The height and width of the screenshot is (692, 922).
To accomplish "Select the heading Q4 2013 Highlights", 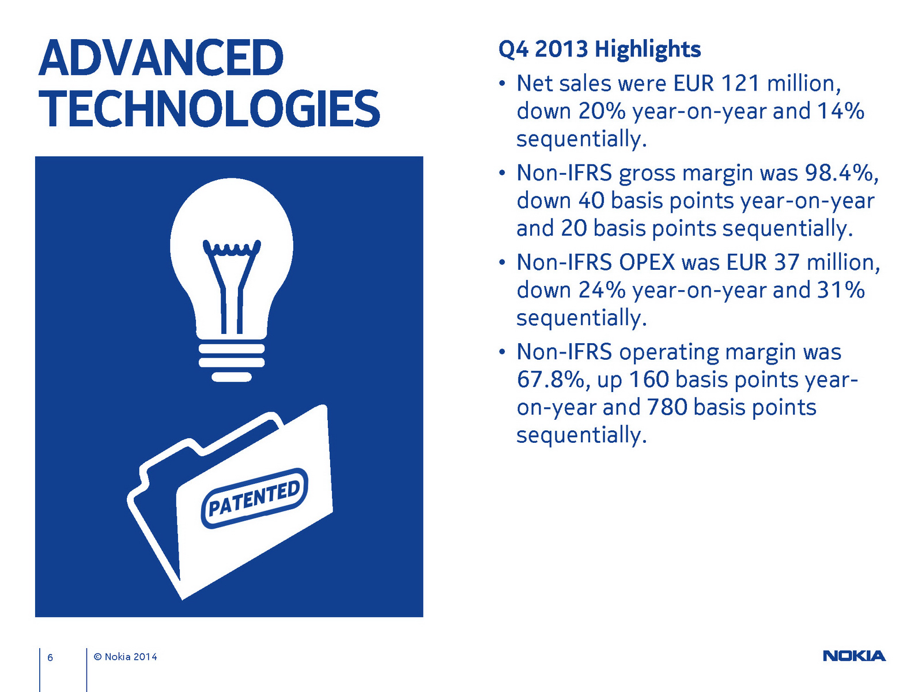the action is (x=599, y=50).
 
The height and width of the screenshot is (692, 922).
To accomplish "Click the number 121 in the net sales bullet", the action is (x=740, y=83).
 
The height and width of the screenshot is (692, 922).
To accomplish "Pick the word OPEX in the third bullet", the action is (x=647, y=262).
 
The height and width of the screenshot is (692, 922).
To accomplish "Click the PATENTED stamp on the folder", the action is (x=255, y=498).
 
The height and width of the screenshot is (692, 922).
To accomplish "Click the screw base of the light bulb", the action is (x=232, y=362).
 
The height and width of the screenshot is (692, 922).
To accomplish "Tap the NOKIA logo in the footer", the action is (x=854, y=656).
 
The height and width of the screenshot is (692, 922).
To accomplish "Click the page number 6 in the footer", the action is (x=50, y=657).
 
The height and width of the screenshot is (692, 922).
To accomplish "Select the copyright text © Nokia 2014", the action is (x=125, y=657).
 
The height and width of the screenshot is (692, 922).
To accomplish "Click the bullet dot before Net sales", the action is (x=501, y=83).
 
